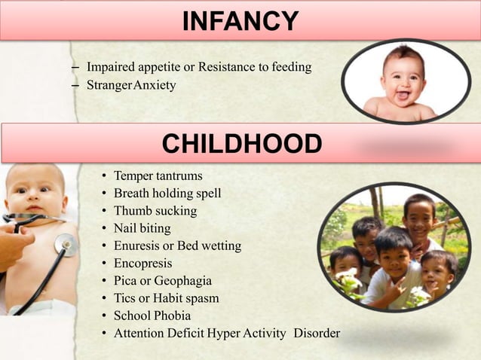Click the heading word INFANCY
coord(240,20)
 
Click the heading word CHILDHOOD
coord(241,143)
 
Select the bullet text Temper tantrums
coord(158,176)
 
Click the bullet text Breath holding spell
coord(167,194)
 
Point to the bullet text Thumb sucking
coord(155,211)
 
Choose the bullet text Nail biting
coord(142,228)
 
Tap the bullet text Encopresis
coord(143,263)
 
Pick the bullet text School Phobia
coord(152,316)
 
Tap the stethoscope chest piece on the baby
coord(66,244)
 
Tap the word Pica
coord(126,281)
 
